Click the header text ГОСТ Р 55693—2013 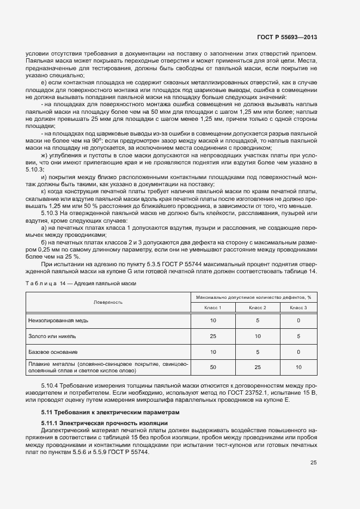[287, 37]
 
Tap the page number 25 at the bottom [314, 463]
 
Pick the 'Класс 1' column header [213, 308]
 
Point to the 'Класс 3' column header [298, 308]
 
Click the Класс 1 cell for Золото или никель [213, 336]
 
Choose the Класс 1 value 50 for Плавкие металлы [213, 367]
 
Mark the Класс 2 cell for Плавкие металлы [257, 367]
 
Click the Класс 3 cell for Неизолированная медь [298, 321]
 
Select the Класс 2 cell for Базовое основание [257, 352]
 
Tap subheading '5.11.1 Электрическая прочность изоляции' [106, 423]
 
